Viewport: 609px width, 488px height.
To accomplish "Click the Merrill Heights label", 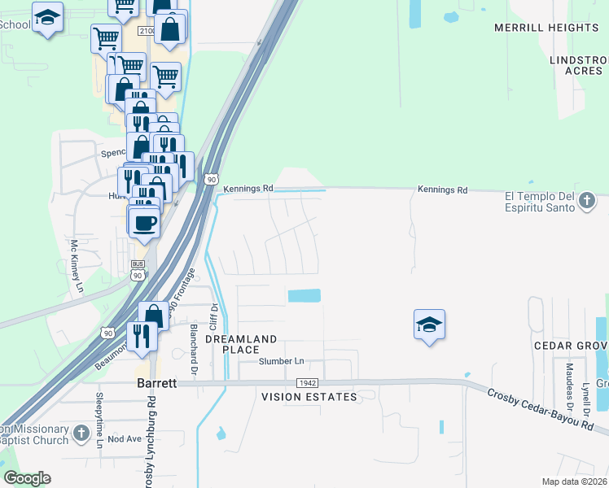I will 546,28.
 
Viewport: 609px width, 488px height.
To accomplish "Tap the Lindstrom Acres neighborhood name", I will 578,65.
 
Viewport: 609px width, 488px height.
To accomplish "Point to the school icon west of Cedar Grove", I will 429,325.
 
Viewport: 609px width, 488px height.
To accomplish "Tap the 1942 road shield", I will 307,382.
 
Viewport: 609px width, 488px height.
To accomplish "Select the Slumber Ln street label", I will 281,361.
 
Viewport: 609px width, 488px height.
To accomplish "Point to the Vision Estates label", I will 309,397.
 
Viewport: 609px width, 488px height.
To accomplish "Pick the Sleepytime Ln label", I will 99,420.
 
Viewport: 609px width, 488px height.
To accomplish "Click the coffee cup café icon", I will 145,222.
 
